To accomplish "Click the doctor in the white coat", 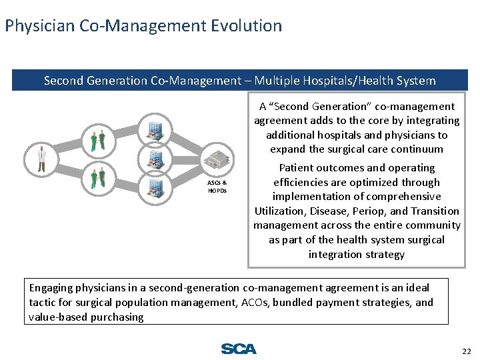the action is click(41, 159).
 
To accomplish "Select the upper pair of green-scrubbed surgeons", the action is click(98, 140).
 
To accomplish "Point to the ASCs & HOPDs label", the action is click(217, 186).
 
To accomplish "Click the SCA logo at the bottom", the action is click(239, 349).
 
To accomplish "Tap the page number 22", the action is click(465, 351).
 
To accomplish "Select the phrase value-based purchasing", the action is click(86, 317).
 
